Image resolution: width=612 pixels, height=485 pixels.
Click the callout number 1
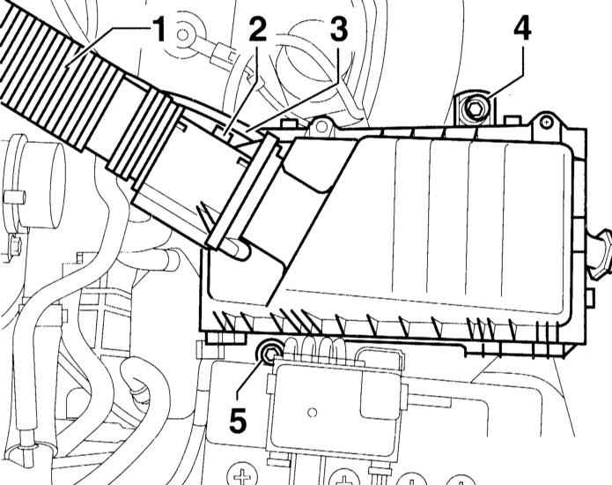[159, 30]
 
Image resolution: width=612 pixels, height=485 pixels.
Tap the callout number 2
[258, 28]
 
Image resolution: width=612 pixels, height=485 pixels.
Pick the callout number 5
[238, 420]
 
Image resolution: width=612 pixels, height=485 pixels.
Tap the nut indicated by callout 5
[268, 353]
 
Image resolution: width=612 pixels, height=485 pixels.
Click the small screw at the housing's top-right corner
[546, 123]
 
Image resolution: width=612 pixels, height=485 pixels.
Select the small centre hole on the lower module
[312, 412]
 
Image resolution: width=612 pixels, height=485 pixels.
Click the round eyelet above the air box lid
[321, 126]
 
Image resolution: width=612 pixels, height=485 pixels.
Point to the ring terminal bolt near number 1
[182, 34]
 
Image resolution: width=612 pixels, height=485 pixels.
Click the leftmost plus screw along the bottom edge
[242, 475]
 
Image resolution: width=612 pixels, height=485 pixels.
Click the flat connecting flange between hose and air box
[243, 191]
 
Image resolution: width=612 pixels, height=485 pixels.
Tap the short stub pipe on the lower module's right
[430, 399]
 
